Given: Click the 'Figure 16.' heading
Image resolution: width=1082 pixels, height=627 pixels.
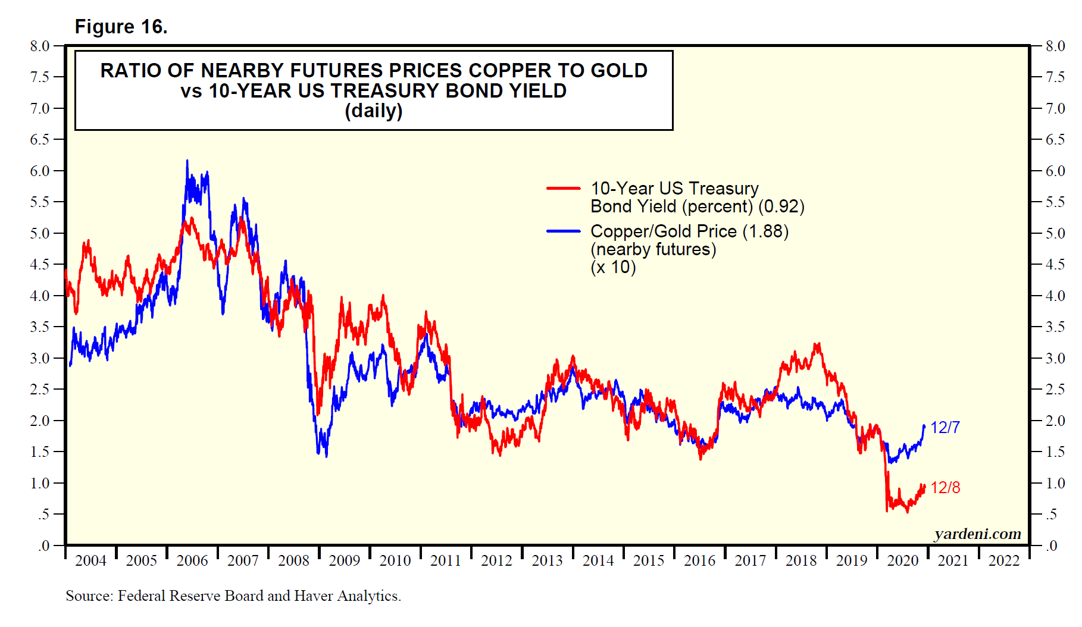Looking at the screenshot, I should point(121,27).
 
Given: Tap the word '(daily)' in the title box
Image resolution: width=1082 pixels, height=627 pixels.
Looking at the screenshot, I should point(373,111).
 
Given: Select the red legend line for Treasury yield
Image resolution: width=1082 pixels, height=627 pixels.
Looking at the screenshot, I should point(563,189).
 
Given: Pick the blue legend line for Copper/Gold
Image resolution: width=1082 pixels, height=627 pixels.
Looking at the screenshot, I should point(563,231).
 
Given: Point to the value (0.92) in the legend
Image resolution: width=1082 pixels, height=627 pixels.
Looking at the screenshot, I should point(781,207).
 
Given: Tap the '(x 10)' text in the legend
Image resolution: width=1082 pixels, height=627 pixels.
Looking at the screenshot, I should point(613,267).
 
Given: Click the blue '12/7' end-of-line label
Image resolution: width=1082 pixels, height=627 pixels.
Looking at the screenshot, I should point(945,428).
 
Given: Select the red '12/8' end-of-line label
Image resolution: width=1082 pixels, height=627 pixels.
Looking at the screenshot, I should point(945,488).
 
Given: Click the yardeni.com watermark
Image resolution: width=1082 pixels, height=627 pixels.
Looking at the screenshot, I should point(977,534).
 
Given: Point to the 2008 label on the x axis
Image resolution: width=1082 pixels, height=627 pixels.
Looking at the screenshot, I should point(294,560).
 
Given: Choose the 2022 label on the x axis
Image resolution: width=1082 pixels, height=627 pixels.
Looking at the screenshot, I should point(1004,560).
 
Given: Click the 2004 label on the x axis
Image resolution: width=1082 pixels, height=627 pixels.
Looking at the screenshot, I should point(91,560).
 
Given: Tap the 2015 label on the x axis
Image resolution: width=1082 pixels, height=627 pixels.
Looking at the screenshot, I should point(649,560).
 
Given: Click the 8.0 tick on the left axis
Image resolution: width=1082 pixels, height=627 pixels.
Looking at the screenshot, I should point(40,46).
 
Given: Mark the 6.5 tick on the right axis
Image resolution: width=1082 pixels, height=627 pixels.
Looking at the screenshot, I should point(1055,140).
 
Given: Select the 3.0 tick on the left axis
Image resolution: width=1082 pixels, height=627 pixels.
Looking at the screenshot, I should point(40,358).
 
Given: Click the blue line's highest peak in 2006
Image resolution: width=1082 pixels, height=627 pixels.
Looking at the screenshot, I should point(187,161).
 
